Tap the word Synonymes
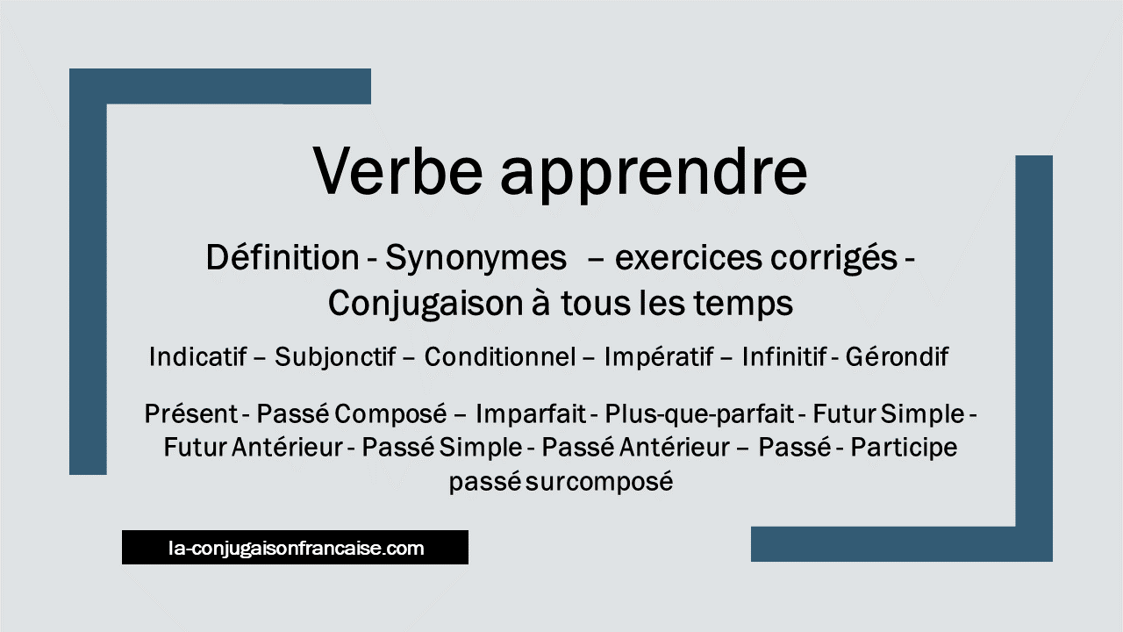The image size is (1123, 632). [476, 258]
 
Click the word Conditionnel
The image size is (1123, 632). [500, 357]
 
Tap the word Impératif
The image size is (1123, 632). [659, 357]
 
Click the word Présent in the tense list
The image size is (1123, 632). [190, 413]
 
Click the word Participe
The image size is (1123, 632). [904, 448]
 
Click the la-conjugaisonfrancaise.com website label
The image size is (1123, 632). [296, 549]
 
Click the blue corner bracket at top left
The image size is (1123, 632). [88, 263]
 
